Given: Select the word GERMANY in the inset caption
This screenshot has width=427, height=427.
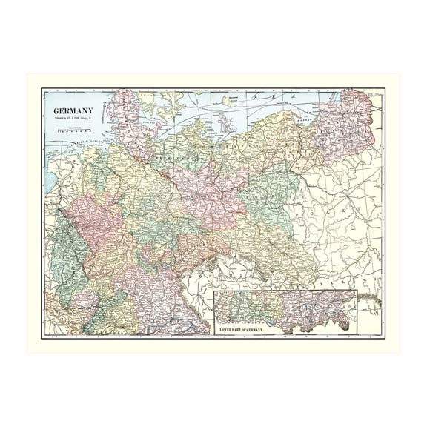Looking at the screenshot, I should [262, 328].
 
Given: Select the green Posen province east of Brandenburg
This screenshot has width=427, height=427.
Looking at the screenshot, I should [271, 185].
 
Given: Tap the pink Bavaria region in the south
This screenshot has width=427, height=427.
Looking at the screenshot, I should [148, 297].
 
